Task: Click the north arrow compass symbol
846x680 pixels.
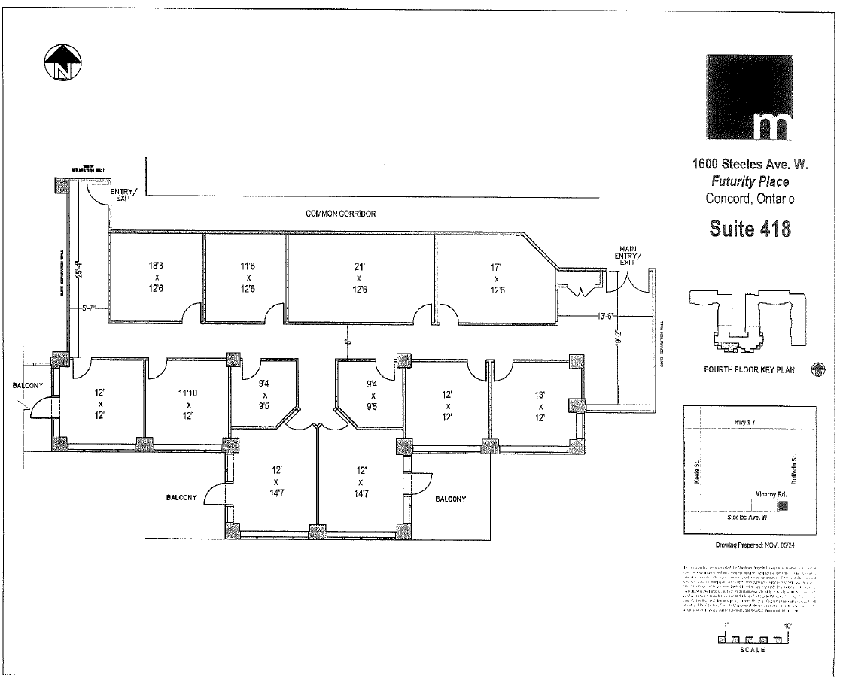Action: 62,61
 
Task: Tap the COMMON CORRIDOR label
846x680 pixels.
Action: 340,214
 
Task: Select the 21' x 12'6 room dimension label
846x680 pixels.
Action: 361,278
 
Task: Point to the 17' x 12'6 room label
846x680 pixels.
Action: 497,278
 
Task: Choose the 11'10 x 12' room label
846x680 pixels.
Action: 188,404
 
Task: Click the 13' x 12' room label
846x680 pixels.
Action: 540,406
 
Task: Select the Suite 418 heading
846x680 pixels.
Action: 750,228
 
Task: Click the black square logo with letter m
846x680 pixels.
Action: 750,97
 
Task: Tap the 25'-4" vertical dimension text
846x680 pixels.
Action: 79,269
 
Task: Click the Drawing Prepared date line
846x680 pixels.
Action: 750,546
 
